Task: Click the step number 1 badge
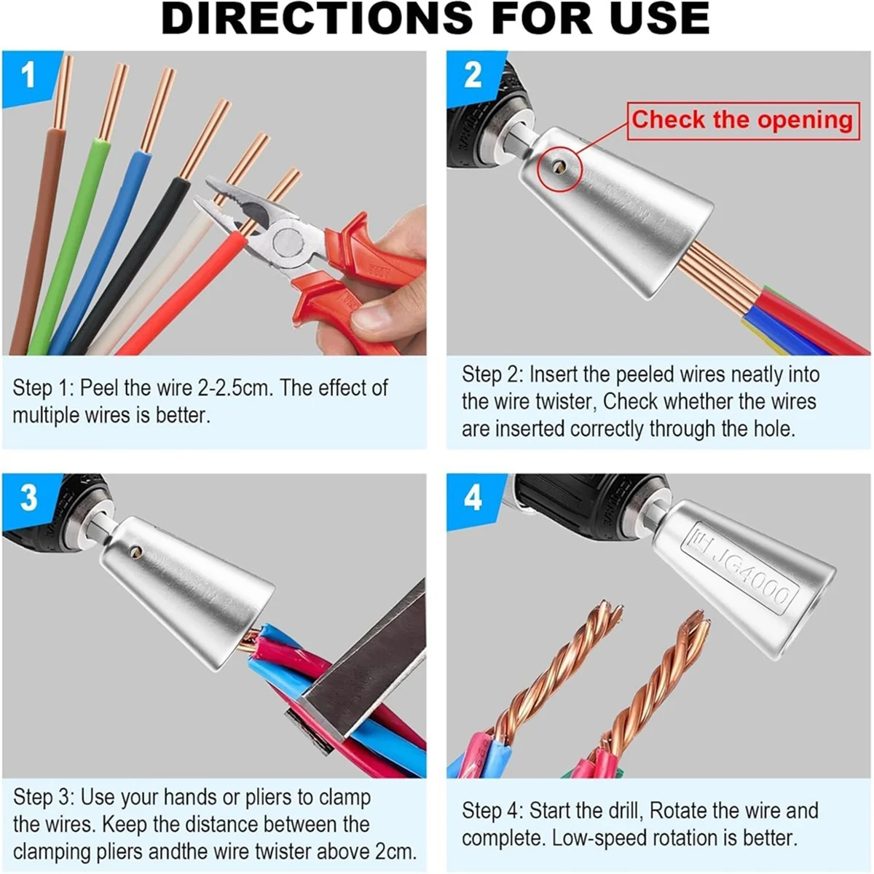(28, 75)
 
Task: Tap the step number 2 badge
(473, 75)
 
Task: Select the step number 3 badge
(28, 498)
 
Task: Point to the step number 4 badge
(473, 498)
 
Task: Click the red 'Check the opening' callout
(741, 119)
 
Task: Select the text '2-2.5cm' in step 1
(230, 388)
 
